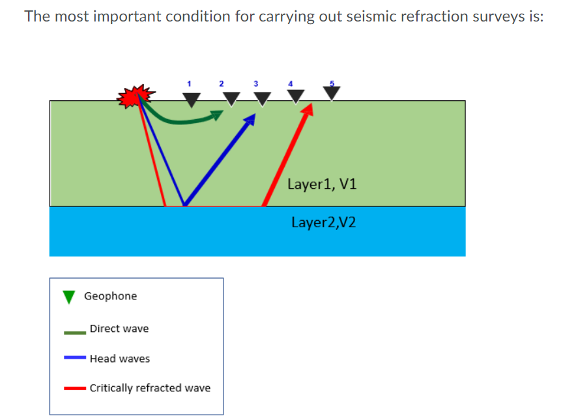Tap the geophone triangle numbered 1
pyautogui.click(x=191, y=100)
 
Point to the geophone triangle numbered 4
pyautogui.click(x=296, y=96)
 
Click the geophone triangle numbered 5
pyautogui.click(x=332, y=94)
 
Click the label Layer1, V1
pyautogui.click(x=322, y=184)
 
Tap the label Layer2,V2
pyautogui.click(x=324, y=223)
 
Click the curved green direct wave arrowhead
pyautogui.click(x=216, y=115)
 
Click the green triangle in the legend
pyautogui.click(x=69, y=297)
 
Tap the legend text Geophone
pyautogui.click(x=111, y=296)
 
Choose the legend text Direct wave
pyautogui.click(x=119, y=329)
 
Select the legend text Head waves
pyautogui.click(x=120, y=359)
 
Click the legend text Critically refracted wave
pyautogui.click(x=150, y=388)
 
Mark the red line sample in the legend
pyautogui.click(x=75, y=389)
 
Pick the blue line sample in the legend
pyautogui.click(x=75, y=357)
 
